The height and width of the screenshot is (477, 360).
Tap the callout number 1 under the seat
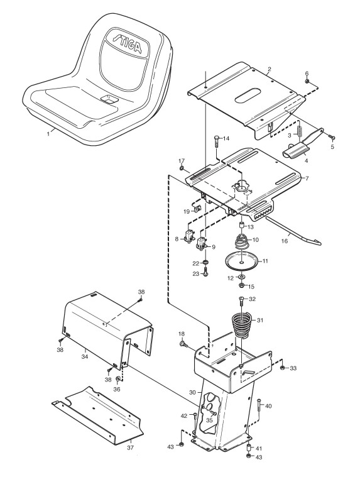pyautogui.click(x=48, y=133)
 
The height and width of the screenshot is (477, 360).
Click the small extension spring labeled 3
pyautogui.click(x=300, y=130)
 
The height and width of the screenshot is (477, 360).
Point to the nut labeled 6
pyautogui.click(x=308, y=81)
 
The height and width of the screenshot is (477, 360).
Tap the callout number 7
pyautogui.click(x=307, y=178)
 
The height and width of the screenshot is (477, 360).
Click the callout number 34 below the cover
pyautogui.click(x=85, y=356)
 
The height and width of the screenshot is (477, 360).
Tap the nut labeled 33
pyautogui.click(x=282, y=368)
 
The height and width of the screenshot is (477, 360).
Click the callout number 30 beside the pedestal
pyautogui.click(x=192, y=392)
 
